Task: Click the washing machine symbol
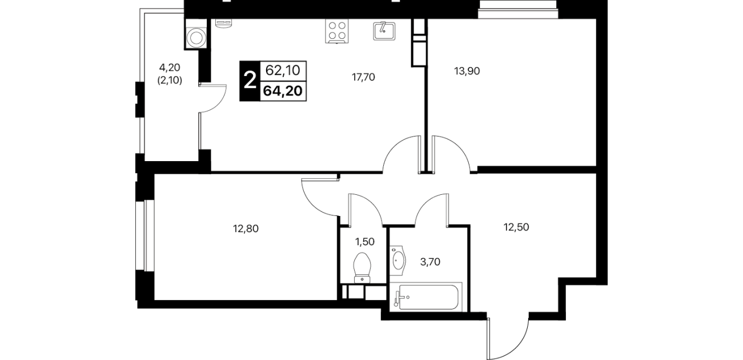(x=196, y=38)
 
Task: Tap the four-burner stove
(x=337, y=31)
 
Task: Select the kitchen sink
(x=384, y=31)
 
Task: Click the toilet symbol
(x=362, y=268)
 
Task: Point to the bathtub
(x=426, y=297)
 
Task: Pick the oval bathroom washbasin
(x=397, y=261)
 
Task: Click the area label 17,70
(x=363, y=77)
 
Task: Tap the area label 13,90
(x=467, y=71)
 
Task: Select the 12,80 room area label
(x=246, y=229)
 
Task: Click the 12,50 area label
(x=516, y=227)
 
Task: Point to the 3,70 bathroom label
(x=430, y=262)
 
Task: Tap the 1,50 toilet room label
(x=365, y=242)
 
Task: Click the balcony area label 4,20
(x=170, y=67)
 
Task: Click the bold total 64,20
(x=283, y=91)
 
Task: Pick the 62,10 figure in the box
(x=283, y=70)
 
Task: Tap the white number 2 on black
(x=250, y=81)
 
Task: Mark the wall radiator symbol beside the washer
(x=223, y=23)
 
